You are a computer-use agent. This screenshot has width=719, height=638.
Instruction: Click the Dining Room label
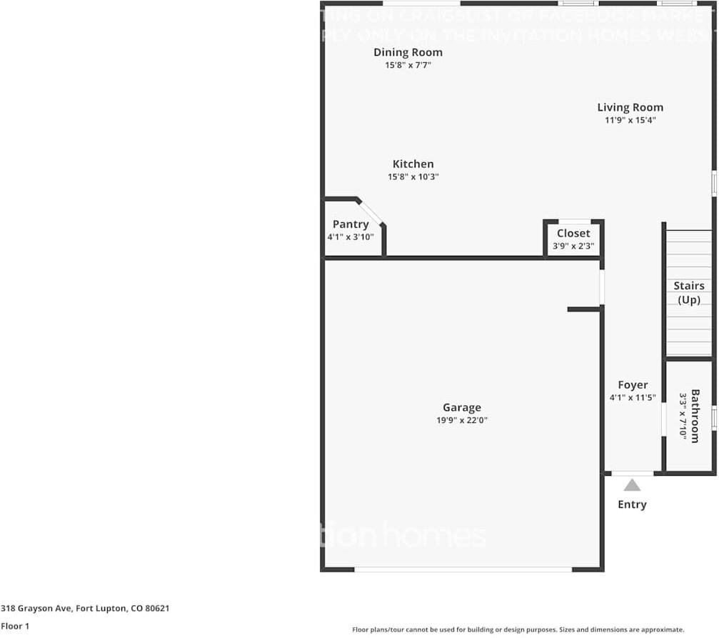[408, 52]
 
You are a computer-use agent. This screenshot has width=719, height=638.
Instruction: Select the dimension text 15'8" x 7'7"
[408, 65]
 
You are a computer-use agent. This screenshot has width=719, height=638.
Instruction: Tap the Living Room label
[630, 107]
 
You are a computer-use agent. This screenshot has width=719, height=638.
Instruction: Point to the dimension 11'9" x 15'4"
[630, 120]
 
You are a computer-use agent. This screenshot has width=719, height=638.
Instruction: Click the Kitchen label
[413, 164]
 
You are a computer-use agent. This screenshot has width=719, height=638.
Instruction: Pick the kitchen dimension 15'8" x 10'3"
[413, 176]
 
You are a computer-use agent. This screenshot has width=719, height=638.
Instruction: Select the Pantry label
[351, 224]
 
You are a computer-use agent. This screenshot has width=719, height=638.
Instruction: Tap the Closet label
[573, 233]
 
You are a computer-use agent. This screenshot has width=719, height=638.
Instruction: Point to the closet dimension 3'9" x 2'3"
[573, 246]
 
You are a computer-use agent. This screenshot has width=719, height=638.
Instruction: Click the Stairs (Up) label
[689, 293]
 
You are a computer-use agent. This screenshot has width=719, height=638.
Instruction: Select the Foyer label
[633, 384]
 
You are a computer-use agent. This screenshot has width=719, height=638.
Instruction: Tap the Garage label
[461, 407]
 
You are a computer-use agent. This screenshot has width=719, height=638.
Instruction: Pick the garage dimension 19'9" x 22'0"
[461, 420]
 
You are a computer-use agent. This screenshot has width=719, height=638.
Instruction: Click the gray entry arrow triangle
[632, 485]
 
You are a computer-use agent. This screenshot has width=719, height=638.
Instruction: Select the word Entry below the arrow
[632, 504]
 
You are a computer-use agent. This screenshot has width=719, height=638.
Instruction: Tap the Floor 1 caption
[14, 626]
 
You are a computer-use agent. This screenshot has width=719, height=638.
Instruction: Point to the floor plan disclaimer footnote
[518, 629]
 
